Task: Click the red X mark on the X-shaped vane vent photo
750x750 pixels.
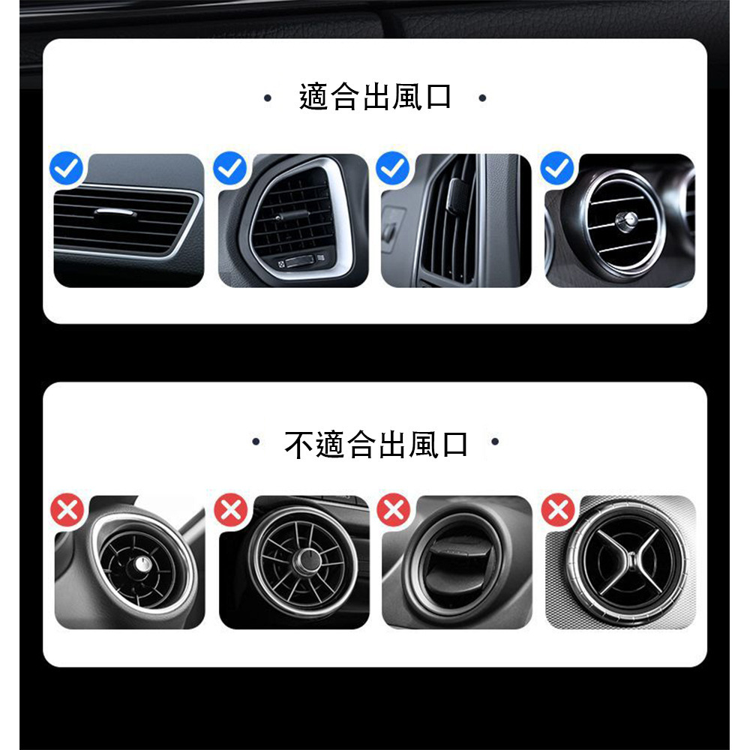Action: (x=557, y=511)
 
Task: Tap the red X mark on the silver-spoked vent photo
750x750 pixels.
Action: (x=230, y=511)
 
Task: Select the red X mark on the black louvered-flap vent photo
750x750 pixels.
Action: (x=393, y=511)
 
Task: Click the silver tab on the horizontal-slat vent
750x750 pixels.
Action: (x=115, y=213)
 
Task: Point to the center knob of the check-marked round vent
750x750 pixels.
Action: (x=622, y=219)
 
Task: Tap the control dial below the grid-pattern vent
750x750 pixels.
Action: (x=298, y=261)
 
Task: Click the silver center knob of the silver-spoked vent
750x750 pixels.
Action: (x=308, y=560)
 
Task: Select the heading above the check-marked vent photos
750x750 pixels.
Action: (x=375, y=98)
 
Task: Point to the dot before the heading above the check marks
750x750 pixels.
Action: (x=267, y=97)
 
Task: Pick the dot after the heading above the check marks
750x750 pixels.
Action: (x=481, y=97)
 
